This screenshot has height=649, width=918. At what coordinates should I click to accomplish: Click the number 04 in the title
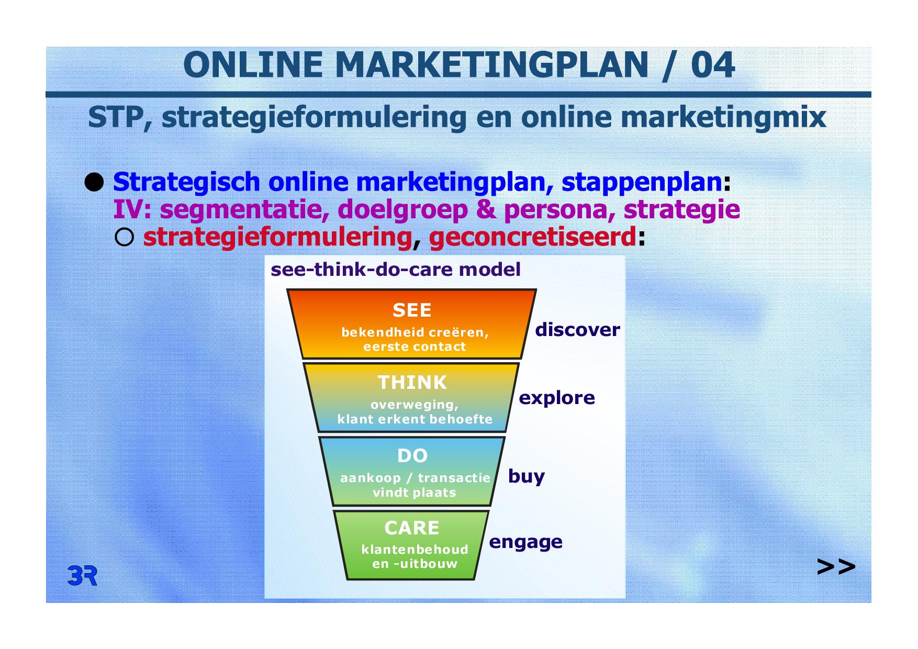tap(712, 65)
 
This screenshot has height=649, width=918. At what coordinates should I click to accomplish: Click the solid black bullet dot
tap(94, 183)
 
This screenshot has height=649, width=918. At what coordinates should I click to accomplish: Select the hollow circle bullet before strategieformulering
tap(124, 238)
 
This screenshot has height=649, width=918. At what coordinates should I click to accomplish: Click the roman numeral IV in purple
tap(128, 210)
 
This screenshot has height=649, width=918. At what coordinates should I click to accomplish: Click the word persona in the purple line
tap(555, 210)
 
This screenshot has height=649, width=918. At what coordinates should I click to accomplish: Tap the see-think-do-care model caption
tap(396, 270)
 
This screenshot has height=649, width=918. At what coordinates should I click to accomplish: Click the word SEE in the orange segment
tap(412, 310)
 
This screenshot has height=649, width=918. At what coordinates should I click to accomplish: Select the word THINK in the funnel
tap(412, 383)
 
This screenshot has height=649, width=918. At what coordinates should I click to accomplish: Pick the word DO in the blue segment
tap(412, 456)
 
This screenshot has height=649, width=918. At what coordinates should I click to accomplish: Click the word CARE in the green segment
tap(412, 528)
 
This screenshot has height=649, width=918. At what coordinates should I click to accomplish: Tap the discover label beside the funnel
tap(577, 330)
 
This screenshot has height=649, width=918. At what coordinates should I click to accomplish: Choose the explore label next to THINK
tap(557, 398)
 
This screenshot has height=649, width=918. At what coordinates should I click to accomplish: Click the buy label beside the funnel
tap(527, 476)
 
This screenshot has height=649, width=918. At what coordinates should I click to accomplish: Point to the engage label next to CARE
tap(526, 542)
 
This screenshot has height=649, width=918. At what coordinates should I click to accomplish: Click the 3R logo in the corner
tap(82, 576)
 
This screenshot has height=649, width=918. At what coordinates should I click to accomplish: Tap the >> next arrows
tap(836, 567)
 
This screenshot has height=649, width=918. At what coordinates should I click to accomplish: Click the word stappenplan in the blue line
tap(642, 183)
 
